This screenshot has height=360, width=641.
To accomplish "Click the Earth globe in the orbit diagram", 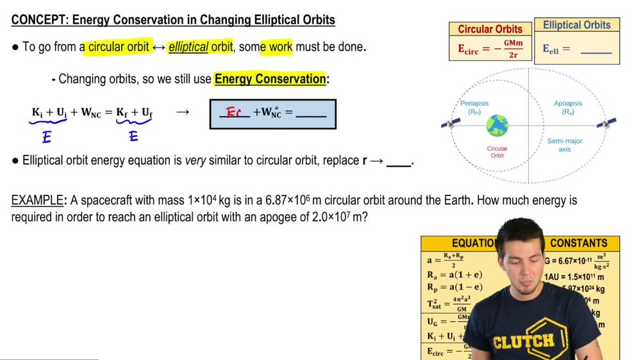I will tap(497, 125).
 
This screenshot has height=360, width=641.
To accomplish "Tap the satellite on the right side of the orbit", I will tap(606, 122).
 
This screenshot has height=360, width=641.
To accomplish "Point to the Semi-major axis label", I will tap(565, 145).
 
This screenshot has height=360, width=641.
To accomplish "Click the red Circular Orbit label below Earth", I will tap(497, 152).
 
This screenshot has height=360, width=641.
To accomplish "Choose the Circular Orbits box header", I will tap(490, 29).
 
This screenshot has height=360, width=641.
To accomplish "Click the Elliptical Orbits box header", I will tap(577, 25).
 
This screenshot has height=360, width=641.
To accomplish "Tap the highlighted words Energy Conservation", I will tap(270, 79).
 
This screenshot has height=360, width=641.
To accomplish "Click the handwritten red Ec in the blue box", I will tap(234, 113).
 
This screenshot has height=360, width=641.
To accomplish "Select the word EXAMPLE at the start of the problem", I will tap(37, 200).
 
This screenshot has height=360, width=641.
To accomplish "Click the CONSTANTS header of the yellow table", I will tap(578, 243).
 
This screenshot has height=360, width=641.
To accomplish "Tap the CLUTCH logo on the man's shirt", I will tap(524, 340).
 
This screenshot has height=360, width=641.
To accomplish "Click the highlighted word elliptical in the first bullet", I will tap(188, 47).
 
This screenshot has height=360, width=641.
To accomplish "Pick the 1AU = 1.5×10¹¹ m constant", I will tap(574, 277).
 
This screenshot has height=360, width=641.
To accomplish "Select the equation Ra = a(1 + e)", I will tap(455, 275).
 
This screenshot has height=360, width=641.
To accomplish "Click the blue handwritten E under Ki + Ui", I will tap(47, 136).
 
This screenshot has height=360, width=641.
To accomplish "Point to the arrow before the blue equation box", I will tap(183, 113).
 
